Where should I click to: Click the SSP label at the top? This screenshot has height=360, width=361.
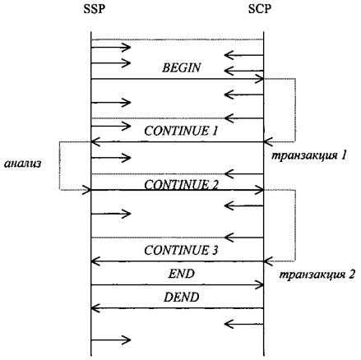point(95,9)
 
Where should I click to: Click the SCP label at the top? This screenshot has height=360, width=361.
point(260,9)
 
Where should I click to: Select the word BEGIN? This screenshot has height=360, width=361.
point(181,67)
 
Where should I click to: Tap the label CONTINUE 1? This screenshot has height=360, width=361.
point(181,131)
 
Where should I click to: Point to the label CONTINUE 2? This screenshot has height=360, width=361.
point(181,185)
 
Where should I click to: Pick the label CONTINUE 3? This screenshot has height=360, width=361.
point(181,250)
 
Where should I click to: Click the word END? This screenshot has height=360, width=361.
point(181,274)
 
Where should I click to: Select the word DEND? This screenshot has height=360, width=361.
point(181,298)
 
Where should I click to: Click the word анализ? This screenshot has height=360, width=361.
point(23,164)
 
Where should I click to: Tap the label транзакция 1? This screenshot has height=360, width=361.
point(309,155)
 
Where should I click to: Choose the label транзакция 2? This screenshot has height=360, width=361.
point(317,275)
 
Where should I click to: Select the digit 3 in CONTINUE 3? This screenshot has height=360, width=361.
point(215,250)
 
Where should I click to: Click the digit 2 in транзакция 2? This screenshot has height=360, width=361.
point(352,275)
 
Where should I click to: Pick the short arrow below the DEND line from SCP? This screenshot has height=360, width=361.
point(244,325)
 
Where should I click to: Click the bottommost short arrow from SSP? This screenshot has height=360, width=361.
point(111,340)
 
